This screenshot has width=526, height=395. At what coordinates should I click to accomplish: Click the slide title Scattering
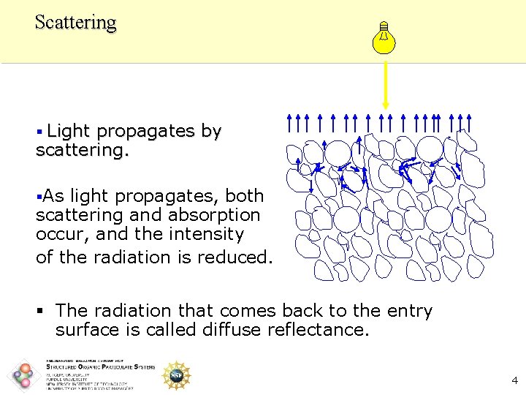(75, 22)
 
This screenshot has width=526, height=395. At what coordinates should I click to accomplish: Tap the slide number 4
(514, 380)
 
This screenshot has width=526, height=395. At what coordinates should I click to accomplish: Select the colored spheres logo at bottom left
(25, 375)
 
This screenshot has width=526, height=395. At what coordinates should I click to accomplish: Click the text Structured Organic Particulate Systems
(101, 367)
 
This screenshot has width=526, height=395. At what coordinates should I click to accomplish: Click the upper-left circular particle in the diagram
(338, 152)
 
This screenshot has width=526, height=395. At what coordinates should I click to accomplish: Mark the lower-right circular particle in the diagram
(438, 219)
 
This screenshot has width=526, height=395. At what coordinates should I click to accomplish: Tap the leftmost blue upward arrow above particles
(290, 122)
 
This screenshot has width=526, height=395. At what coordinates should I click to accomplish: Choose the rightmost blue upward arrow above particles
(469, 122)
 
